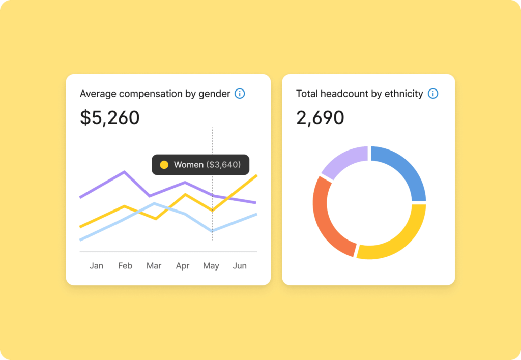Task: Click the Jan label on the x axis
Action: pyautogui.click(x=96, y=266)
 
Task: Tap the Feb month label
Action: pyautogui.click(x=125, y=266)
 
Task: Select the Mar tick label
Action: pyautogui.click(x=154, y=266)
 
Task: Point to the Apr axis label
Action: pyautogui.click(x=182, y=266)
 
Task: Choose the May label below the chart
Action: pyautogui.click(x=211, y=266)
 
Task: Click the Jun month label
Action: pyautogui.click(x=240, y=266)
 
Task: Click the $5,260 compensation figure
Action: pyautogui.click(x=110, y=117)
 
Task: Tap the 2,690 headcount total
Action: pyautogui.click(x=320, y=117)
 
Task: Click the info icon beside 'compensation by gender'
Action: pyautogui.click(x=240, y=94)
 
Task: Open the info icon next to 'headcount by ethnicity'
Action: pyautogui.click(x=433, y=94)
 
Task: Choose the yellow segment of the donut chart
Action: pyautogui.click(x=397, y=239)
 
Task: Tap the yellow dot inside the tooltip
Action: pyautogui.click(x=164, y=165)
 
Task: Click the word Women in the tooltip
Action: pyautogui.click(x=188, y=165)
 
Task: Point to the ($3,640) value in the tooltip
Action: pyautogui.click(x=223, y=165)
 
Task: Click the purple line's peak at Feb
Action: pyautogui.click(x=125, y=172)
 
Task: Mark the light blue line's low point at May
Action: pyautogui.click(x=212, y=231)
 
